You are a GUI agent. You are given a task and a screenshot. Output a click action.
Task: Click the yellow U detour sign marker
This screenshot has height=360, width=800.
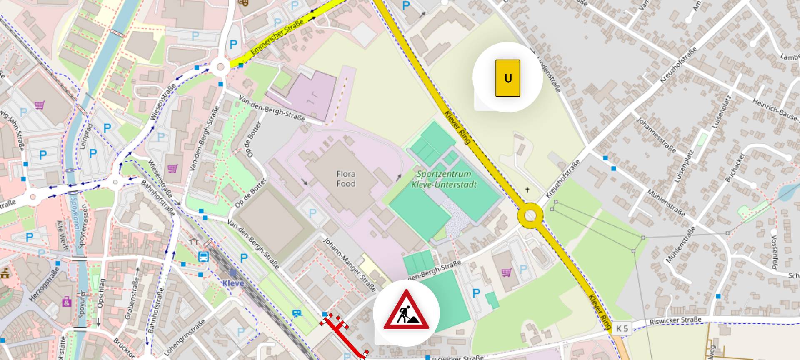point(507,78)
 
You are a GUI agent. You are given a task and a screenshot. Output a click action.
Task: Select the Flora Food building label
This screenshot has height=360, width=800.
point(346,179)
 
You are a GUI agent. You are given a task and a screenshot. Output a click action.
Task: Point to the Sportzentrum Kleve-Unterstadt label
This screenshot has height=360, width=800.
point(444,179)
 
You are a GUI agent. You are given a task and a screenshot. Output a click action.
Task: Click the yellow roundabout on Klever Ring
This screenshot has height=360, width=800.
point(530,216)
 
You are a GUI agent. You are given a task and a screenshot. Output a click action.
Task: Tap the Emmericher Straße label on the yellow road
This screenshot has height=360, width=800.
point(277,40)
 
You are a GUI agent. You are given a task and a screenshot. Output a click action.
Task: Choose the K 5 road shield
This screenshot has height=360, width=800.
point(622,328)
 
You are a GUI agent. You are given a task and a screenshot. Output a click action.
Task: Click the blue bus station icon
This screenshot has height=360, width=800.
point(203,256)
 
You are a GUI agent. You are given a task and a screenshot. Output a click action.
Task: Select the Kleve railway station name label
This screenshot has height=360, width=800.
point(233,283)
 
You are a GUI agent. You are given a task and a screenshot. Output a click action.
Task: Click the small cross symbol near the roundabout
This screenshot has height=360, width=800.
point(527,190)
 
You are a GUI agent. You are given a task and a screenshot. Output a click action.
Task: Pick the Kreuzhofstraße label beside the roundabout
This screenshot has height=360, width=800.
point(562,179)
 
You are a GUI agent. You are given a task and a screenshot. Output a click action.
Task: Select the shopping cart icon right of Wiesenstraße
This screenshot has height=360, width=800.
point(172,168)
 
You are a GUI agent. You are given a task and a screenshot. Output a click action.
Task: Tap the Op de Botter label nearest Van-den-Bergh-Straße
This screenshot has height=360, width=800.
point(250,193)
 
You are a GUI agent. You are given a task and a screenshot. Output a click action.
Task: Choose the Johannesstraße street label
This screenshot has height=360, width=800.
point(656,135)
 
